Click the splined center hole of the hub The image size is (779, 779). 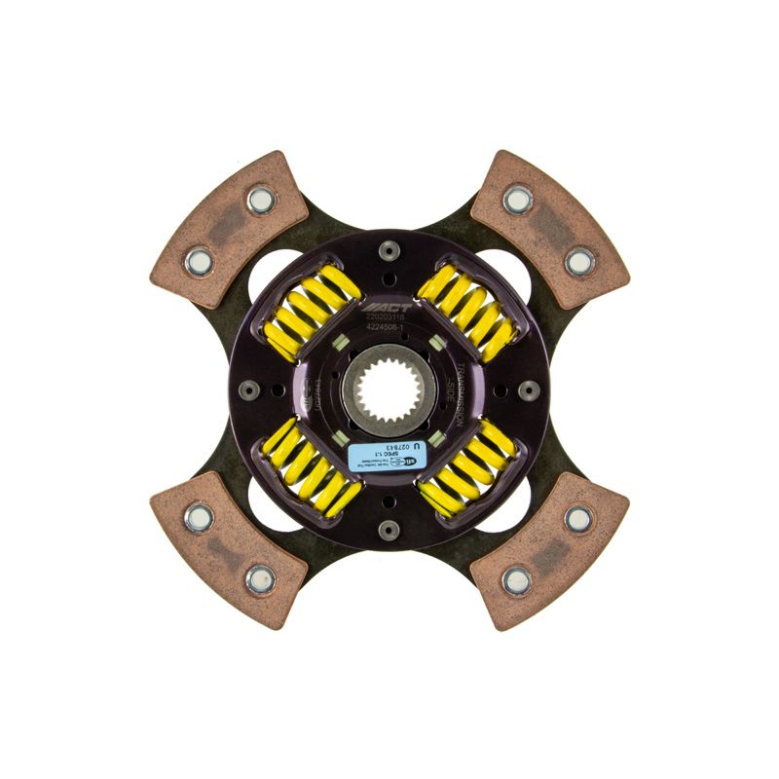(x=389, y=389)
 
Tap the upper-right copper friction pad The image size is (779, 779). (x=549, y=230)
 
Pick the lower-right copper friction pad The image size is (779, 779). (x=549, y=549)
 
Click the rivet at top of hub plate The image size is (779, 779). (x=389, y=251)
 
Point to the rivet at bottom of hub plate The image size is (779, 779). (x=389, y=529)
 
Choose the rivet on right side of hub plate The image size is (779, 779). (x=529, y=389)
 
